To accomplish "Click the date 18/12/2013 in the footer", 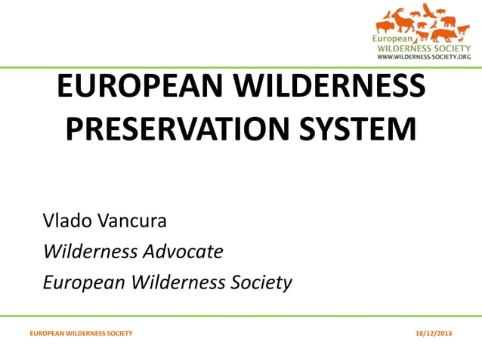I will pyautogui.click(x=435, y=333).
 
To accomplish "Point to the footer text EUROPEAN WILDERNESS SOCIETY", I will pyautogui.click(x=81, y=333).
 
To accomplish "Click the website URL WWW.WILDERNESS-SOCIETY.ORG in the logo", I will pyautogui.click(x=424, y=57).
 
